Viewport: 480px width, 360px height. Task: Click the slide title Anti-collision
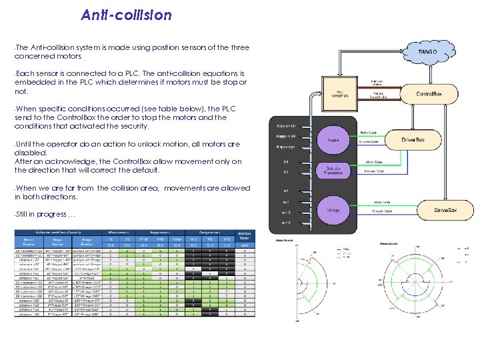click(x=126, y=15)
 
